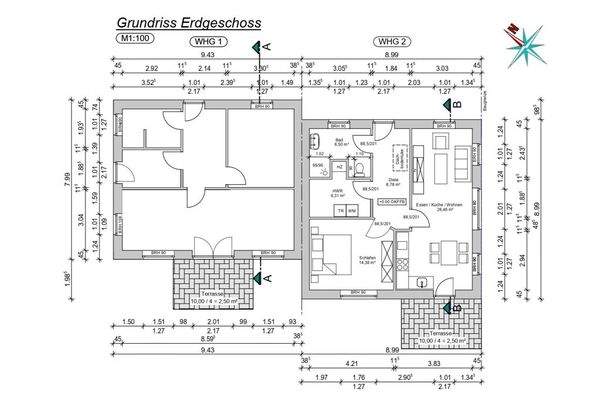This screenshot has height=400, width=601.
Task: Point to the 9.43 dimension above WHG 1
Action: click(x=208, y=55)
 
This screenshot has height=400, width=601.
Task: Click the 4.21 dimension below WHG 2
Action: click(x=349, y=363)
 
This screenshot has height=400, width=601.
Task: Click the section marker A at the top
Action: click(x=265, y=46)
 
